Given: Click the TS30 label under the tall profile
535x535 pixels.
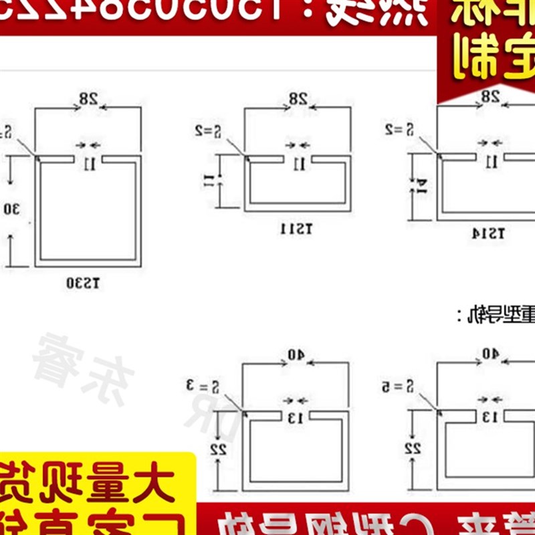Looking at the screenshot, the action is (83, 283).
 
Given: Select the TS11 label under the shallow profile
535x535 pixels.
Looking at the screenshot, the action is (296, 229).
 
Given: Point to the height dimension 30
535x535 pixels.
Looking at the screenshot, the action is (11, 209).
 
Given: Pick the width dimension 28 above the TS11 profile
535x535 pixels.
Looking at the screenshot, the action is (298, 99).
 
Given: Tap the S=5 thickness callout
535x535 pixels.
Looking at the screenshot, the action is (400, 385).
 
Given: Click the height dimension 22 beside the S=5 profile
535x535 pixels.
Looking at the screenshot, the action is (414, 448).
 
